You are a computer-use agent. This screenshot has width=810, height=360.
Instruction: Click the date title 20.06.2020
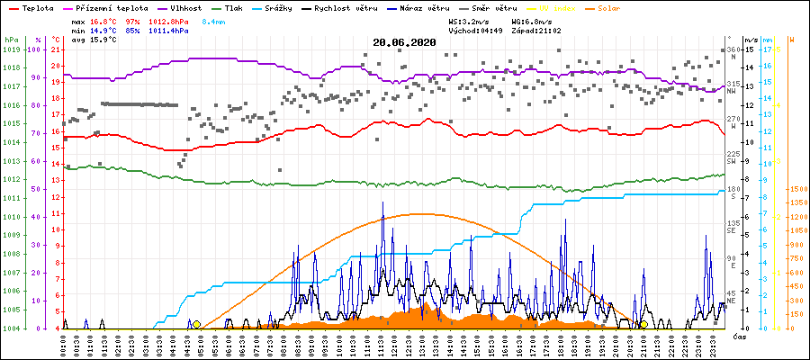point(404,42)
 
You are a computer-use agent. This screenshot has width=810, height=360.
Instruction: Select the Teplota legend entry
point(31,7)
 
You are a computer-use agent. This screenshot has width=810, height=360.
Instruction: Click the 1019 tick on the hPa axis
point(11,49)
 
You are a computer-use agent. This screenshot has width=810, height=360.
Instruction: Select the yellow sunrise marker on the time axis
point(196,324)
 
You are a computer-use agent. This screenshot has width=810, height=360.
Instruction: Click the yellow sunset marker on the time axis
point(643,324)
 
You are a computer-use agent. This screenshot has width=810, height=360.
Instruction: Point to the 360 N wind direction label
point(733,52)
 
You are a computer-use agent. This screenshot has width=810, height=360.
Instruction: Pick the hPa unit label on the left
point(11,40)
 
